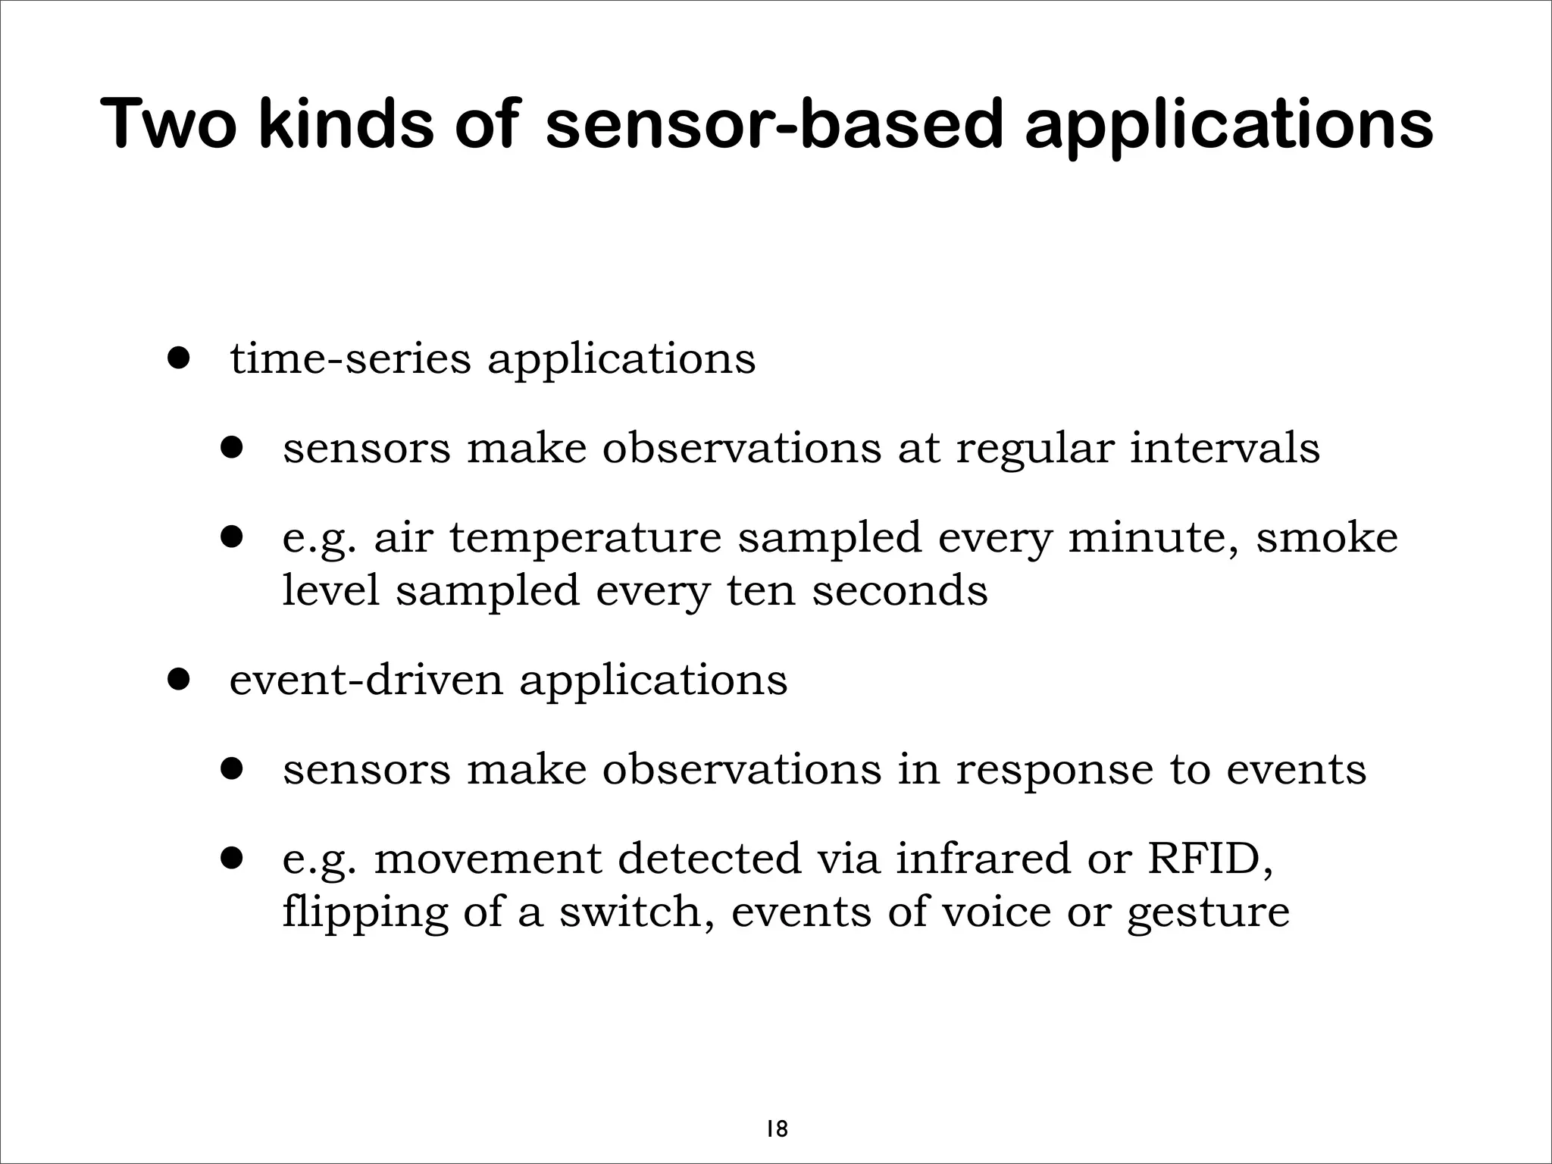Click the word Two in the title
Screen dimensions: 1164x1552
(x=168, y=124)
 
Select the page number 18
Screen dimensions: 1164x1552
(x=776, y=1108)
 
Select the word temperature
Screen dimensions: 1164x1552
(x=585, y=537)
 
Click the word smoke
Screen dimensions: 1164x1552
(x=1326, y=537)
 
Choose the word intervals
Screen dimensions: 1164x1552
(x=1225, y=448)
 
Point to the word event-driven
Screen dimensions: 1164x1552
(x=366, y=680)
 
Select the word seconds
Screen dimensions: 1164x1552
(x=900, y=590)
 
